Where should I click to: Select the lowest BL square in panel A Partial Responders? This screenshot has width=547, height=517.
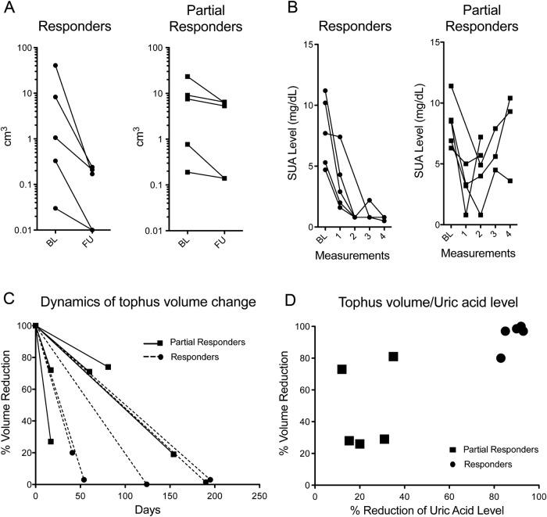coord(188,171)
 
